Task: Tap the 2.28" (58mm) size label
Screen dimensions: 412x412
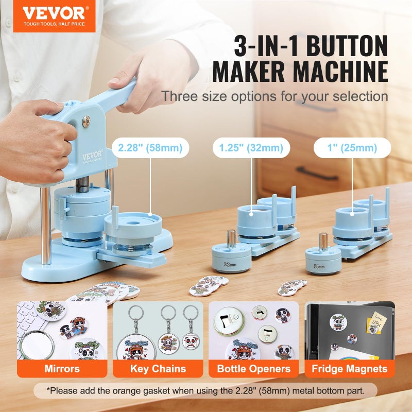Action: (150, 148)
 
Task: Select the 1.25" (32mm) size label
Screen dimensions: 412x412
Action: (251, 148)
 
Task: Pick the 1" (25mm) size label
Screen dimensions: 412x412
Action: (352, 148)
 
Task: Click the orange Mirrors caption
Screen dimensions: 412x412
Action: (62, 369)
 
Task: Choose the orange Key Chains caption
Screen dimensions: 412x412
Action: (158, 369)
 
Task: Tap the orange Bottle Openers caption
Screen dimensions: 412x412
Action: (253, 369)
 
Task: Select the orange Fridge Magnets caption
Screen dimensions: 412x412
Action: (350, 369)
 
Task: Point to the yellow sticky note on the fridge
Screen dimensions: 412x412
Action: (377, 325)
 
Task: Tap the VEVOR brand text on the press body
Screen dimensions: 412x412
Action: (92, 154)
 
